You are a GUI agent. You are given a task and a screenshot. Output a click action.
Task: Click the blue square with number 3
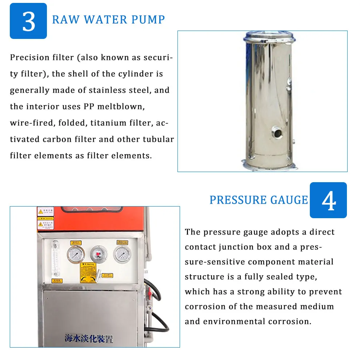[x=28, y=21]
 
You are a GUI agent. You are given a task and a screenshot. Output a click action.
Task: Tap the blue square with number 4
[x=328, y=200]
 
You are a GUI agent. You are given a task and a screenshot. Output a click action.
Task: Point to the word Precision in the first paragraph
[x=29, y=57]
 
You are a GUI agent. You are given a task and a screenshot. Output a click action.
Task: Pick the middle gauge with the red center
[x=98, y=253]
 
